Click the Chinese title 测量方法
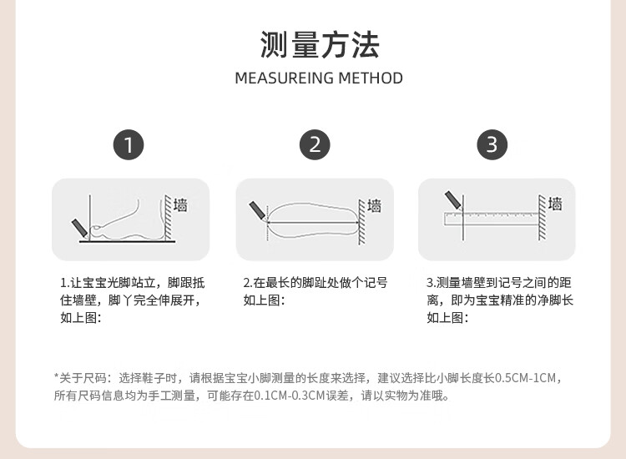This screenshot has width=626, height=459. [319, 45]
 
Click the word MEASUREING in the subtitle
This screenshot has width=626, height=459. [285, 78]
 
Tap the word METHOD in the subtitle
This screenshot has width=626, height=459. [371, 78]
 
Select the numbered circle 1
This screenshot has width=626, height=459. [129, 144]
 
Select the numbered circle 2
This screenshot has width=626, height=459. [315, 144]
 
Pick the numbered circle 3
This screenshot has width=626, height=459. [492, 144]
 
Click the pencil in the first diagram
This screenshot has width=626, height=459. [79, 229]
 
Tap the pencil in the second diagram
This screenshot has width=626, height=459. [258, 211]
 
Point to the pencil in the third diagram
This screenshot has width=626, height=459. [453, 201]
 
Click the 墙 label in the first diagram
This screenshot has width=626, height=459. [180, 204]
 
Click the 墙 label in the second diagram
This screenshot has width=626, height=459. [375, 205]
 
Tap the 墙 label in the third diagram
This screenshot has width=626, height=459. [555, 204]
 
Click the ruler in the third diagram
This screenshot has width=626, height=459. [492, 219]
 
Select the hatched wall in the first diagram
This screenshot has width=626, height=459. [168, 218]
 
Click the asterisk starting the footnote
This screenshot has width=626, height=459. [56, 376]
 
